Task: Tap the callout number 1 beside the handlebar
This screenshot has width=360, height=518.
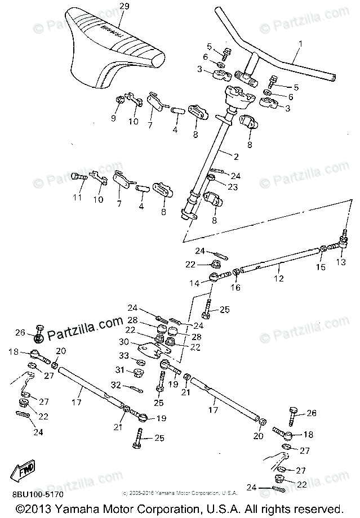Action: pos(300,43)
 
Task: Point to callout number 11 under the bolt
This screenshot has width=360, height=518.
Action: pos(77,197)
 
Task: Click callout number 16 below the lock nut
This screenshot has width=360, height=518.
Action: pos(235,287)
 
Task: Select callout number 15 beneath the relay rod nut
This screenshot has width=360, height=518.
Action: pos(320,267)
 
